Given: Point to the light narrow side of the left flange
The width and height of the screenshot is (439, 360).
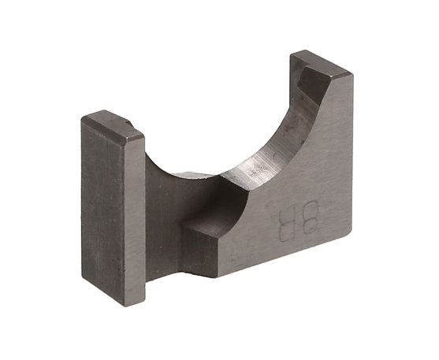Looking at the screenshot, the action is coord(135,221).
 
